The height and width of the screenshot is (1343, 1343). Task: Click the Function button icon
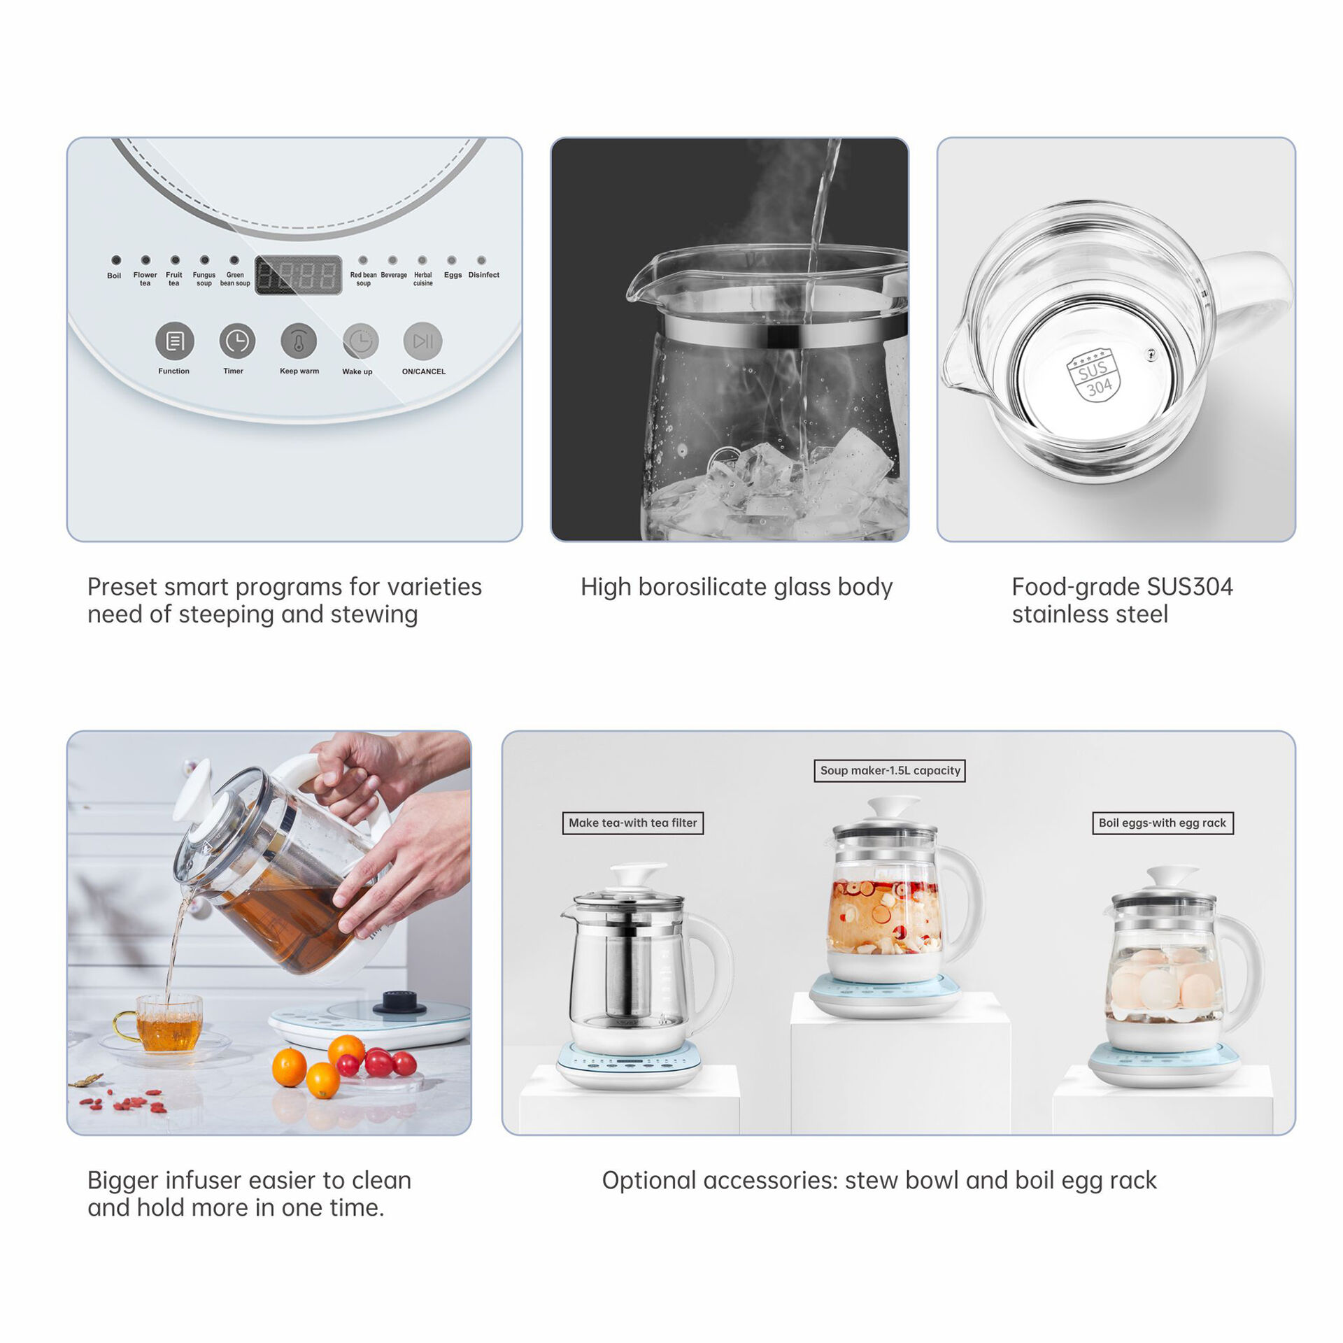(x=174, y=341)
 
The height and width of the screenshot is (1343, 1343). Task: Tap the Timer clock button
(x=237, y=341)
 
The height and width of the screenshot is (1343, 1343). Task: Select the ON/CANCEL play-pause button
(x=423, y=341)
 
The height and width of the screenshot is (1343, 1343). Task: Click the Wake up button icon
(x=360, y=341)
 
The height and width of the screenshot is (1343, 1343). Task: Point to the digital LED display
(x=298, y=275)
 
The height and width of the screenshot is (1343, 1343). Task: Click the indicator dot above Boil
(x=116, y=260)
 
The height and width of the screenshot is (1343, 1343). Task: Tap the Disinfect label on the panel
(x=483, y=275)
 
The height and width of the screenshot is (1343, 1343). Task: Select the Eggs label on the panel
(x=453, y=275)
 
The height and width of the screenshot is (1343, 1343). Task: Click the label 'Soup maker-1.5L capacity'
(x=890, y=770)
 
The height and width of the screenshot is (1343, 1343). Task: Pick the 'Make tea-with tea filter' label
(x=633, y=823)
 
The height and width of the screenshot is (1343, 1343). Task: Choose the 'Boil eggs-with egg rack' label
(x=1163, y=823)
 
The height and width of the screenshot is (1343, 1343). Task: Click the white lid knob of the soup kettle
(x=893, y=806)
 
